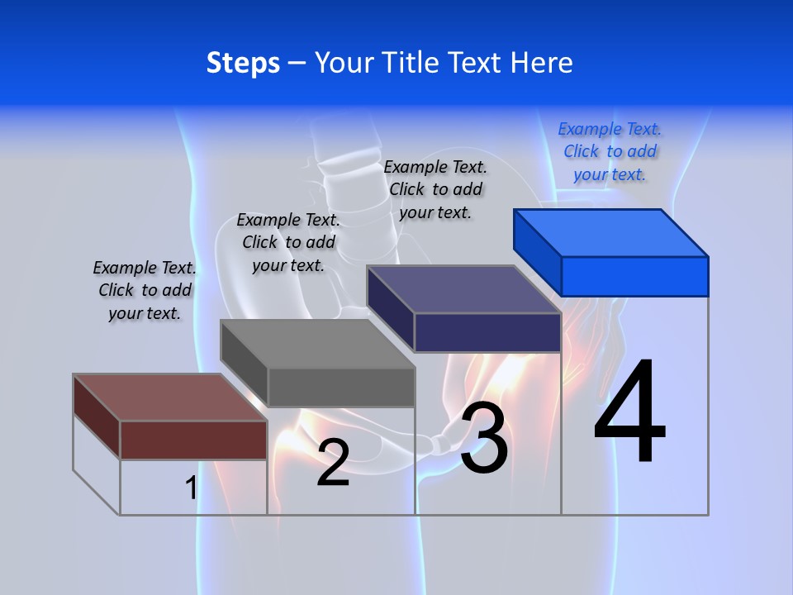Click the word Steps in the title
click(x=243, y=63)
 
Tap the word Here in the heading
click(x=542, y=63)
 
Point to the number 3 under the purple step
click(x=484, y=438)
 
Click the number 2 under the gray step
click(x=333, y=463)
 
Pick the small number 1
click(x=191, y=488)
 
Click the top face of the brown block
click(x=170, y=397)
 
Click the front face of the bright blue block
click(x=634, y=276)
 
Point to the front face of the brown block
click(x=193, y=440)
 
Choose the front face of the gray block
click(x=340, y=387)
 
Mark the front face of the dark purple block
click(x=487, y=332)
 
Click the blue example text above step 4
click(x=610, y=151)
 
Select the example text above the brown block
click(x=145, y=290)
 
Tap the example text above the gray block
click(x=288, y=242)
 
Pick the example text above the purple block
click(x=435, y=189)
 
